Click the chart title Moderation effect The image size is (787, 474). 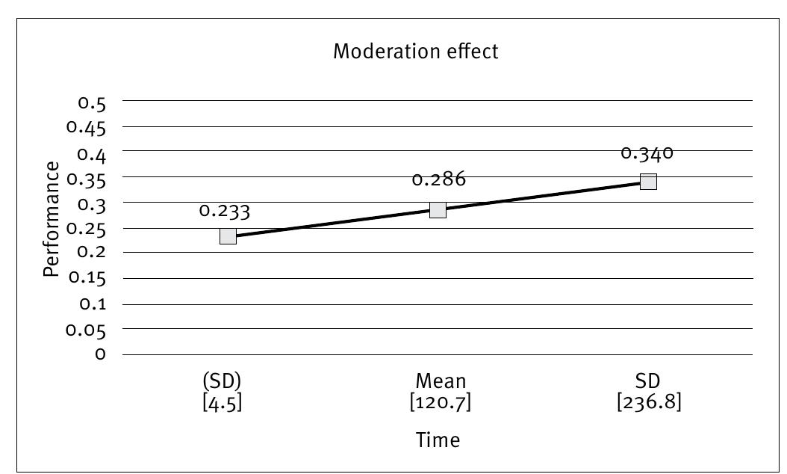pyautogui.click(x=415, y=52)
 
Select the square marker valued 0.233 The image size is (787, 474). pyautogui.click(x=228, y=236)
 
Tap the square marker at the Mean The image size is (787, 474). pyautogui.click(x=438, y=209)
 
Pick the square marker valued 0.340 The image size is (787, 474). pyautogui.click(x=648, y=182)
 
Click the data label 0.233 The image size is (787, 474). pyautogui.click(x=225, y=211)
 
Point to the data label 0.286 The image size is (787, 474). pyautogui.click(x=438, y=179)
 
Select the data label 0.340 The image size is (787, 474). pyautogui.click(x=647, y=153)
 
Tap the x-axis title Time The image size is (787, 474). pyautogui.click(x=438, y=440)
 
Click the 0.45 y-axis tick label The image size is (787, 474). pyautogui.click(x=87, y=127)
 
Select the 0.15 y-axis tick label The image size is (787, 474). pyautogui.click(x=87, y=278)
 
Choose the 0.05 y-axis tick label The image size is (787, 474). pyautogui.click(x=87, y=329)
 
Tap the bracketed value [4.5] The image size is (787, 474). pyautogui.click(x=223, y=402)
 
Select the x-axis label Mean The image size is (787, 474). pyautogui.click(x=441, y=381)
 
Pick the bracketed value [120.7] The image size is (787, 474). pyautogui.click(x=441, y=402)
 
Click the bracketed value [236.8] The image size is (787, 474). pyautogui.click(x=649, y=402)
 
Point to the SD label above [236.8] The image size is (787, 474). pyautogui.click(x=649, y=381)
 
